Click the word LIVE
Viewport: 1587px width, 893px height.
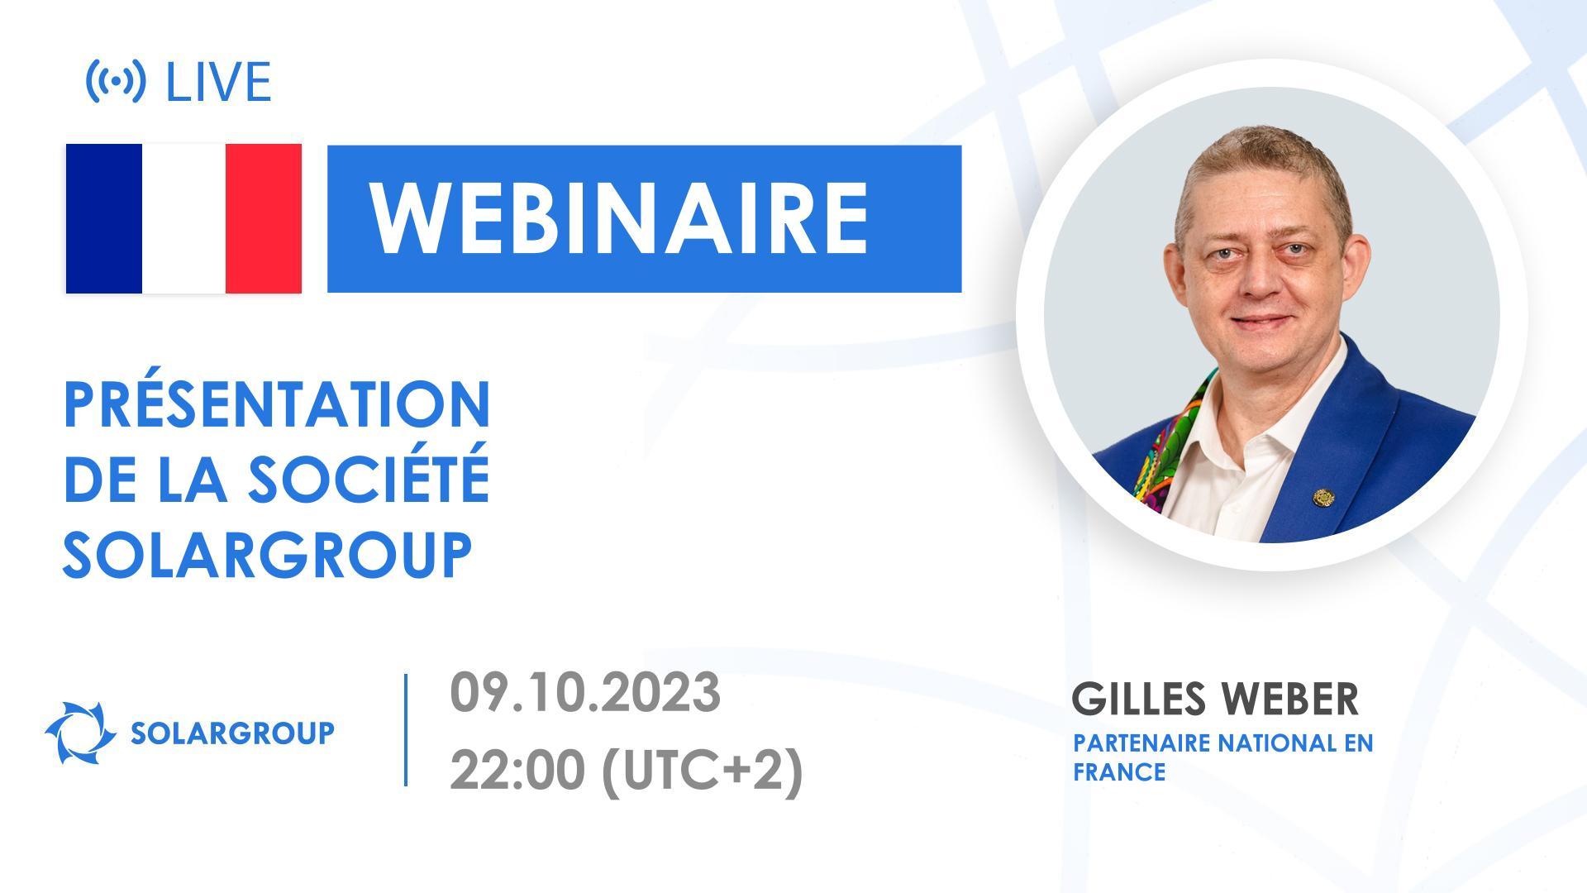(x=218, y=82)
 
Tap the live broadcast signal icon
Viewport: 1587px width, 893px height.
(x=116, y=81)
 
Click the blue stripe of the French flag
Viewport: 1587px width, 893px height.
(x=104, y=218)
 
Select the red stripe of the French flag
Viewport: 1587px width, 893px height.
(x=263, y=218)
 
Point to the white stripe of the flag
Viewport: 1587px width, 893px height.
(x=183, y=218)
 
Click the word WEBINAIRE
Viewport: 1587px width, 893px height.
(x=620, y=218)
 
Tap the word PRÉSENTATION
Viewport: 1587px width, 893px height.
(x=278, y=405)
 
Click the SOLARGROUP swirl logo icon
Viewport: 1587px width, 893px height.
(x=80, y=733)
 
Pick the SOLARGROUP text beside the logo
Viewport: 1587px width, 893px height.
(x=232, y=733)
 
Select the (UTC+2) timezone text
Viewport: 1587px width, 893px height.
(x=702, y=772)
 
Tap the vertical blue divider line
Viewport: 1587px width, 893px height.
(x=406, y=729)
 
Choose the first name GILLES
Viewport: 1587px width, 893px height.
(x=1138, y=700)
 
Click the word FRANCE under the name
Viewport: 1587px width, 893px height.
(x=1119, y=772)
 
